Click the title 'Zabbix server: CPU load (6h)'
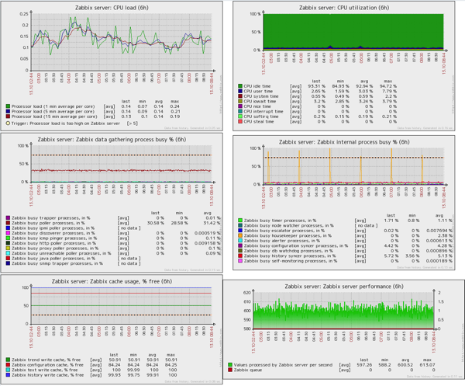click(x=110, y=7)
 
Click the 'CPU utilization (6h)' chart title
click(x=345, y=7)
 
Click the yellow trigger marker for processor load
click(x=8, y=123)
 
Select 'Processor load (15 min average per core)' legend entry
click(x=50, y=117)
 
